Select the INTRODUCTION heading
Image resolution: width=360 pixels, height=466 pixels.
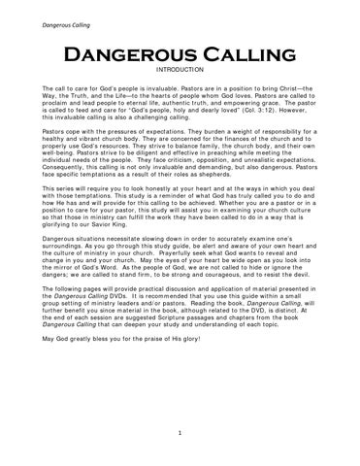pos(180,71)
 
